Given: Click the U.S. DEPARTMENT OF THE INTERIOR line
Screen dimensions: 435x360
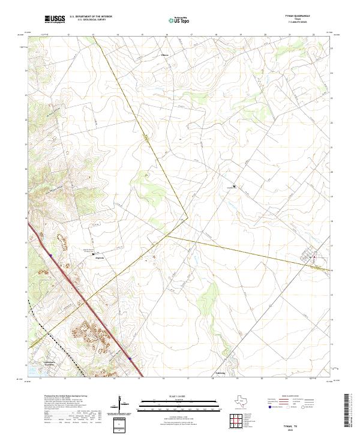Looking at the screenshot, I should (91, 16).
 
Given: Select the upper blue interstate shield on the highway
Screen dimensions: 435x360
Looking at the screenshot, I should (52, 255).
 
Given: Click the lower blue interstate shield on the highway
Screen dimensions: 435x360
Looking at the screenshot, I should (129, 359).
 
